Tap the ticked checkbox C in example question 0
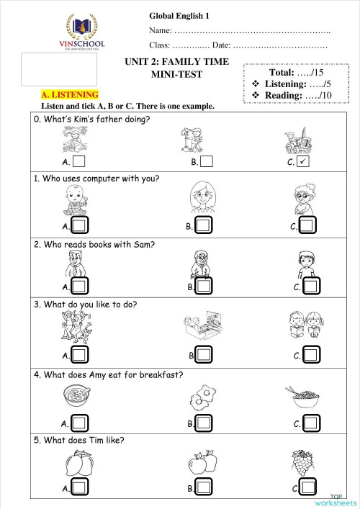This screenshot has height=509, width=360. click(x=302, y=162)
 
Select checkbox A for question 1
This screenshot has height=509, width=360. click(x=79, y=226)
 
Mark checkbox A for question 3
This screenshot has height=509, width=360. click(x=79, y=355)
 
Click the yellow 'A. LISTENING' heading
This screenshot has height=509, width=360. click(x=70, y=94)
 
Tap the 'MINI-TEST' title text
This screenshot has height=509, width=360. click(x=176, y=74)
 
